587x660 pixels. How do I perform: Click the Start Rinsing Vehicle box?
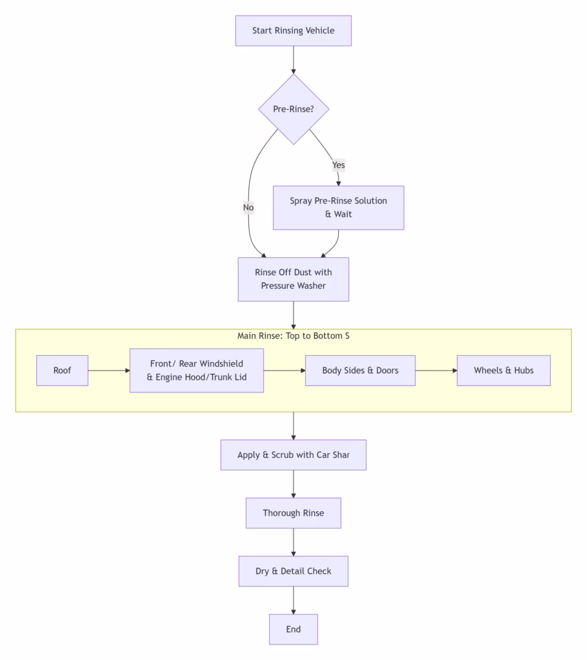293,31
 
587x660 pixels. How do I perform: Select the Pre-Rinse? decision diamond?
293,110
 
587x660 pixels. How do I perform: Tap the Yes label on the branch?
339,165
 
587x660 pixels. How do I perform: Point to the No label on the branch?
248,208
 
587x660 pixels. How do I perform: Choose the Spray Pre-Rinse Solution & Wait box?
339,208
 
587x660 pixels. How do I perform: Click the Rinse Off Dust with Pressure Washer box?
293,279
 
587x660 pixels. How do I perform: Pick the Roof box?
63,371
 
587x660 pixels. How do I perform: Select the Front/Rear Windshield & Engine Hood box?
197,371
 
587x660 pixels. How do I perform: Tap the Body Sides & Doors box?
361,371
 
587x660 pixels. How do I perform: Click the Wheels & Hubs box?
504,371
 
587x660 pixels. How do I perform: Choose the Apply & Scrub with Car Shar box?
293,455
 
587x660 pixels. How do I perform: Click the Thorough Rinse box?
293,513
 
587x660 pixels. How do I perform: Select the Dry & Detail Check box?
293,571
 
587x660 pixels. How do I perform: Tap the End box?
293,629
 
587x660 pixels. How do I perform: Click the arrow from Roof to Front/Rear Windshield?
109,371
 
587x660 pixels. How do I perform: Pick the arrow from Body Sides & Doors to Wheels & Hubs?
436,371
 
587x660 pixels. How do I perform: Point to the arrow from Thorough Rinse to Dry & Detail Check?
293,542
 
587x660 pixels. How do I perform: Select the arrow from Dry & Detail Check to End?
293,600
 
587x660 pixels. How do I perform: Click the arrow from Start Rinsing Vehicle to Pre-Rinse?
293,60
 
